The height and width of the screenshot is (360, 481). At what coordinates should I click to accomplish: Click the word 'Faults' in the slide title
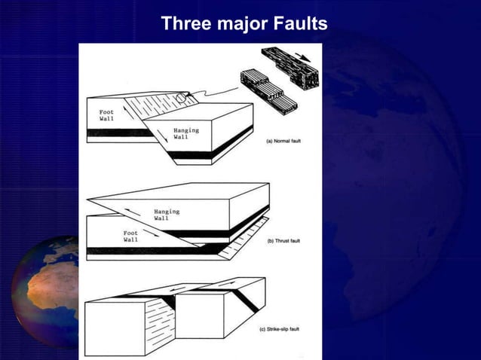click(x=297, y=24)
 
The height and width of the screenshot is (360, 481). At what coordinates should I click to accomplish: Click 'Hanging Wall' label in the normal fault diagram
click(x=185, y=133)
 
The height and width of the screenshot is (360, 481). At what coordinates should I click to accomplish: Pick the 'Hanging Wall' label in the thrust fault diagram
click(x=167, y=215)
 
